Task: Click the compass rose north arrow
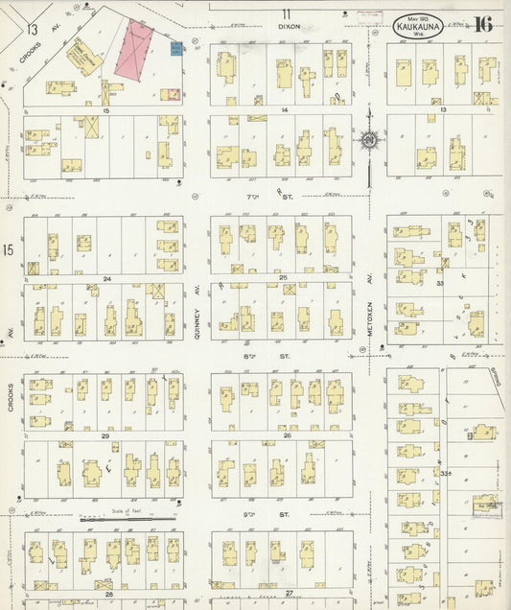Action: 367,141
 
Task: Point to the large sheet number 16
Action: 482,24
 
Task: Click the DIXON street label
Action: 289,27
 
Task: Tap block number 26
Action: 286,435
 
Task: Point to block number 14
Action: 284,111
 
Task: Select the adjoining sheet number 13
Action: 33,30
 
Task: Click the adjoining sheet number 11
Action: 285,12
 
